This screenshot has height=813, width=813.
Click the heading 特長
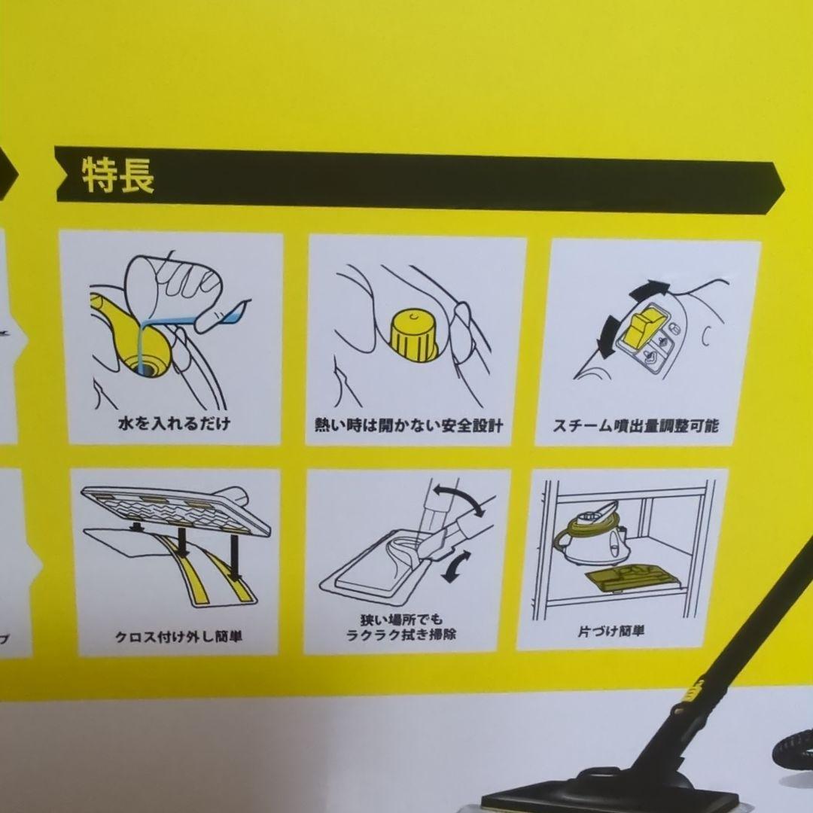coord(118,175)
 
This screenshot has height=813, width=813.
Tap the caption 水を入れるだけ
coord(174,424)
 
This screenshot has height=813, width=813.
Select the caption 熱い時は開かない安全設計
coord(409,425)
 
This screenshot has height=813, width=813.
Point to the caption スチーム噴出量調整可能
coord(635,426)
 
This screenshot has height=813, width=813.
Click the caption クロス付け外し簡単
coord(179,636)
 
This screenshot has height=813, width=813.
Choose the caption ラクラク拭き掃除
coord(401,634)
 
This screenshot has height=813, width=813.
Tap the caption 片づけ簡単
coord(612,631)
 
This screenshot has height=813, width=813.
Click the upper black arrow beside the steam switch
coord(649,289)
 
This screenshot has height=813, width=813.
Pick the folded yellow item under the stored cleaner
coord(629,581)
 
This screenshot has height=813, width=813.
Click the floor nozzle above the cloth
coord(176,510)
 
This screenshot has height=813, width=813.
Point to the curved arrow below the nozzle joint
coord(455,567)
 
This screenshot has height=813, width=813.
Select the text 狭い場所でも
coord(402,619)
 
